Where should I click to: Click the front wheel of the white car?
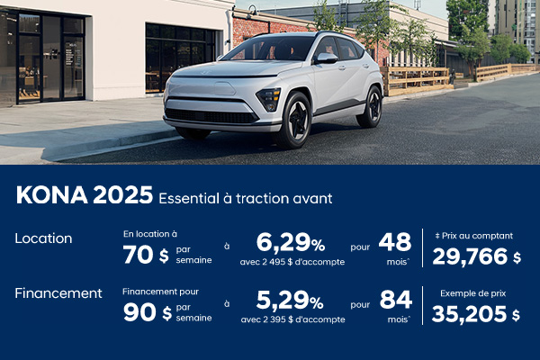click(294, 120)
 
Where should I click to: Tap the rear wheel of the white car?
click(370, 107)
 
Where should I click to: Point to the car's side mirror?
click(326, 58)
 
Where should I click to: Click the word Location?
click(43, 238)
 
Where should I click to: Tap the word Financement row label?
click(58, 292)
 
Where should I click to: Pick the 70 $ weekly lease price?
click(145, 255)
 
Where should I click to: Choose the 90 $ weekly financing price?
click(145, 311)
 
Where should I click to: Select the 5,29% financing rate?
click(290, 299)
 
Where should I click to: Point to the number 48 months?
click(395, 242)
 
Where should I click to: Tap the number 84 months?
click(395, 299)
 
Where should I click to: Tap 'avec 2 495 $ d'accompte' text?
click(293, 262)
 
